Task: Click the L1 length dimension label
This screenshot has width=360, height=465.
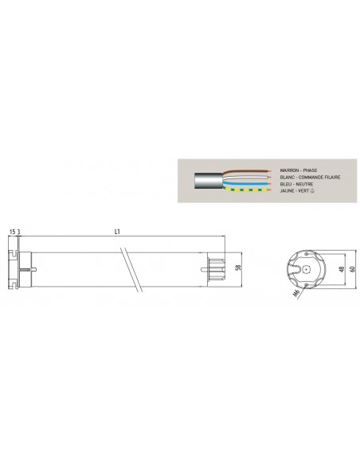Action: [117, 232]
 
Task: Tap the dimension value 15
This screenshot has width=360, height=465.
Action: [12, 232]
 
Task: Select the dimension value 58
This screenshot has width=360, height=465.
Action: [238, 268]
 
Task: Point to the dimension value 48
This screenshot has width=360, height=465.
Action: [342, 269]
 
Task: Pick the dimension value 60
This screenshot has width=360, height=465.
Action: [352, 269]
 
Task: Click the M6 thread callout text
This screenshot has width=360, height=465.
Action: [295, 294]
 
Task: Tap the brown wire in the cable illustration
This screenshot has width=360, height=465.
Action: [247, 172]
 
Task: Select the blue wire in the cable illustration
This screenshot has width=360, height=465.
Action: [247, 184]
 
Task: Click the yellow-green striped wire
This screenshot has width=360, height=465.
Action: [247, 189]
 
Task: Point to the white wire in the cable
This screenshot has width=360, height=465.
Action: [247, 178]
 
